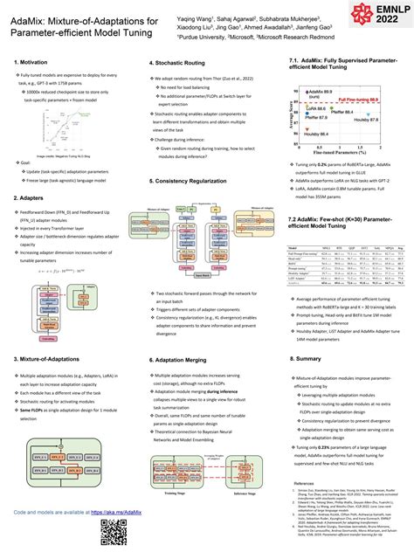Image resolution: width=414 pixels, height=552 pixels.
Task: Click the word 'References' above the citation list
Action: (304, 483)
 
